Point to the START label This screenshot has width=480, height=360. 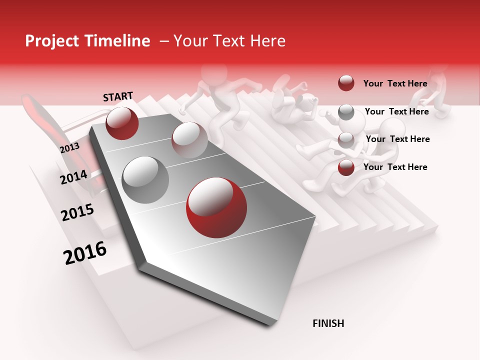(x=118, y=96)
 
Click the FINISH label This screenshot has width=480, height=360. (x=328, y=323)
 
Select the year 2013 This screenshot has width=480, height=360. (x=69, y=147)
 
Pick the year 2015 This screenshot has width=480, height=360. (x=77, y=212)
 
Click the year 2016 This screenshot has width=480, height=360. (x=85, y=252)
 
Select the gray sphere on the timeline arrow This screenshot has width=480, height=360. (x=145, y=179)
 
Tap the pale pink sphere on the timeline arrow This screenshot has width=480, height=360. (x=189, y=140)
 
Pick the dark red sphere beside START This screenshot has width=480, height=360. (x=122, y=123)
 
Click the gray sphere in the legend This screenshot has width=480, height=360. (x=346, y=112)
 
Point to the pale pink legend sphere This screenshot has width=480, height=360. (x=346, y=140)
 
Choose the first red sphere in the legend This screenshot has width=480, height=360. (x=346, y=83)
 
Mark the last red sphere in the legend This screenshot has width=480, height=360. (x=346, y=168)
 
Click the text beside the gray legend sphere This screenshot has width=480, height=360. (x=396, y=111)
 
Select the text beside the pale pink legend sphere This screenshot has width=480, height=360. (x=397, y=139)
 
